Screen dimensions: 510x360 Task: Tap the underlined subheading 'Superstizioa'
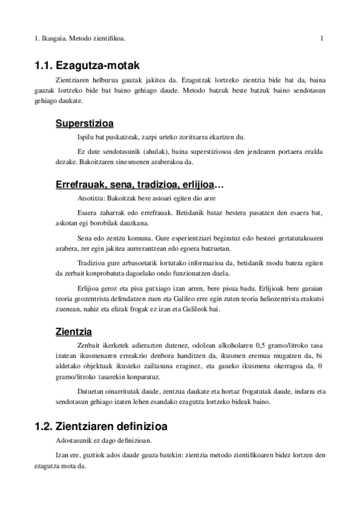click(85, 124)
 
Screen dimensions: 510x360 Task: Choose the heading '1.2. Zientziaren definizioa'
click(101, 426)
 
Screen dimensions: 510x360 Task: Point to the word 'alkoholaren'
click(219, 345)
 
